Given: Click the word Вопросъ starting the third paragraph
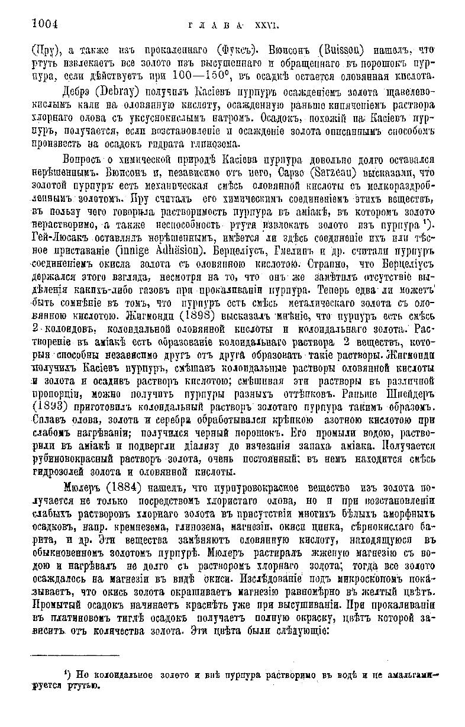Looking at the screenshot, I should tap(83, 160).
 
